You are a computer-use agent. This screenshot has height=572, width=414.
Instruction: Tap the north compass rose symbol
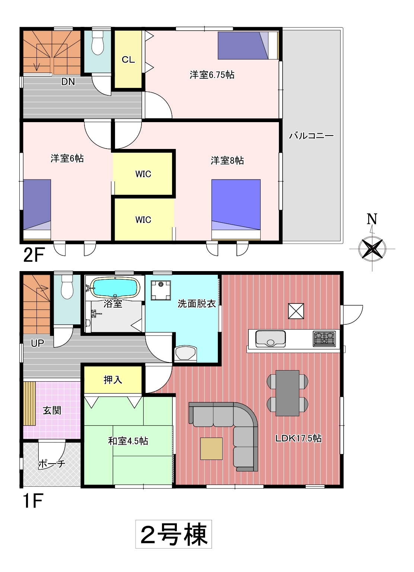pyautogui.click(x=372, y=248)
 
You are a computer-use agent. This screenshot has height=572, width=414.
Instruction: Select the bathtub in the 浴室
pyautogui.click(x=115, y=287)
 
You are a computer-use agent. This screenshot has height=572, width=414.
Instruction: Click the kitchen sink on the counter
pyautogui.click(x=270, y=339)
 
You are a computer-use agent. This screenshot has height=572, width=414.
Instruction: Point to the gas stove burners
pyautogui.click(x=324, y=339)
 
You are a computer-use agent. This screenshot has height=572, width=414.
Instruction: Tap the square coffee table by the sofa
pyautogui.click(x=211, y=449)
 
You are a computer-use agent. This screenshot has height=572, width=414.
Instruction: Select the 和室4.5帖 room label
pyautogui.click(x=128, y=441)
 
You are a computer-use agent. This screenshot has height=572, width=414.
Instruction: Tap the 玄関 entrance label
pyautogui.click(x=52, y=410)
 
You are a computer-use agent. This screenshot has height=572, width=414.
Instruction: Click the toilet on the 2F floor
pyautogui.click(x=98, y=43)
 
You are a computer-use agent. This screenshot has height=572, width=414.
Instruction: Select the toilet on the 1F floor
pyautogui.click(x=67, y=287)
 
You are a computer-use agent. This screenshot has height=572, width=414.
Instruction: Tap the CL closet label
pyautogui.click(x=128, y=60)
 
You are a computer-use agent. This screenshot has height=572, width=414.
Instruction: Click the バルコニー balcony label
pyautogui.click(x=311, y=135)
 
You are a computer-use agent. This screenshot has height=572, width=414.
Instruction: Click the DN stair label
pyautogui.click(x=68, y=82)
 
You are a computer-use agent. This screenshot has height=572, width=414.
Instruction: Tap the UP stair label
pyautogui.click(x=38, y=343)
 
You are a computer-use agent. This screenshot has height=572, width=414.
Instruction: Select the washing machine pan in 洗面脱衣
pyautogui.click(x=161, y=290)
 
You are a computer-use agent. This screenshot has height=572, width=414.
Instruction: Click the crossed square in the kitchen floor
pyautogui.click(x=296, y=311)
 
